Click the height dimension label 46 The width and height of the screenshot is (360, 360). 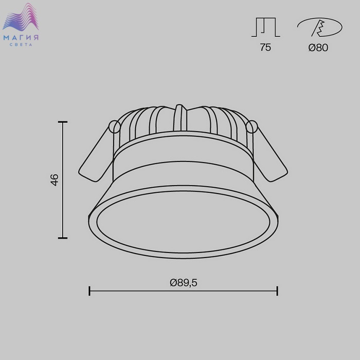[55, 180]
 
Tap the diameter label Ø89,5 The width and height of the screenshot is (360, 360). [184, 283]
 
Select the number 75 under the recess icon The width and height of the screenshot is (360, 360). [265, 47]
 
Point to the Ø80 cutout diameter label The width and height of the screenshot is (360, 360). [318, 47]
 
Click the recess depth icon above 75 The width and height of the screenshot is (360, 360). [266, 27]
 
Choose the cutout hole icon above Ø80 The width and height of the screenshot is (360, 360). [319, 27]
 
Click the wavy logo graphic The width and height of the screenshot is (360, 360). [21, 17]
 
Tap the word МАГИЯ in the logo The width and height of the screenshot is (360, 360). [21, 38]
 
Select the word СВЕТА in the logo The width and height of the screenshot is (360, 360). [21, 45]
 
